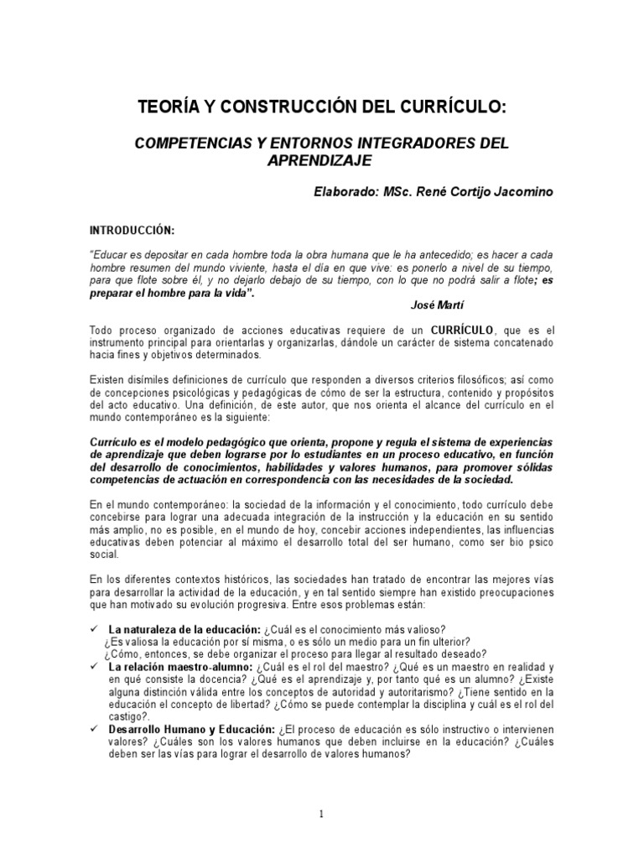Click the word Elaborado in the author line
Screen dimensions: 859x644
click(x=345, y=192)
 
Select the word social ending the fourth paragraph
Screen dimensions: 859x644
click(x=103, y=554)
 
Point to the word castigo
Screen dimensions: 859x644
click(x=126, y=715)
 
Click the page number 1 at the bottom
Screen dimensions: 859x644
click(x=321, y=814)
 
